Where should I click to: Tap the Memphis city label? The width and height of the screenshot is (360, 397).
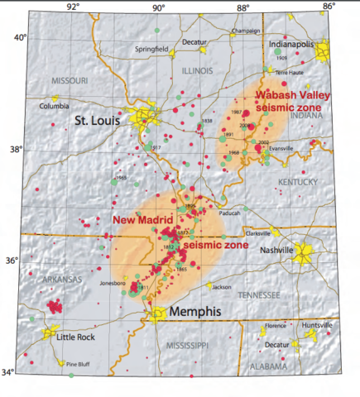(x=198, y=313)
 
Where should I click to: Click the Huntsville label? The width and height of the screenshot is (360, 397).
(x=318, y=325)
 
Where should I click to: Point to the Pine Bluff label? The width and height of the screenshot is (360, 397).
(x=79, y=363)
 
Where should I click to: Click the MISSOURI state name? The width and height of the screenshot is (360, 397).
(x=69, y=80)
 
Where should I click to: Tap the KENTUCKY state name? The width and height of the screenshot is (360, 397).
(x=297, y=181)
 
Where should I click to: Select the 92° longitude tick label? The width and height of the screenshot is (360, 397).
(x=72, y=7)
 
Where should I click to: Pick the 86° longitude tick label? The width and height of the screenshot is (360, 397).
(x=329, y=7)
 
